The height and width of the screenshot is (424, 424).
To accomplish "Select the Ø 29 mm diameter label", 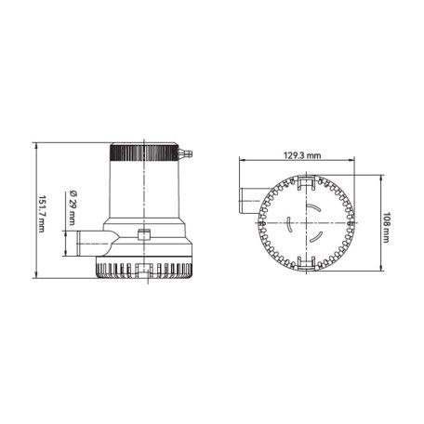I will (73, 210).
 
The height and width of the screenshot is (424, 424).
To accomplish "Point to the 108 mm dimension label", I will (384, 225).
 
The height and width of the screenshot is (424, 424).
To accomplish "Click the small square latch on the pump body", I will (143, 233).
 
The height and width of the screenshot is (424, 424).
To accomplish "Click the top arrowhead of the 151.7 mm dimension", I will (36, 145).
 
